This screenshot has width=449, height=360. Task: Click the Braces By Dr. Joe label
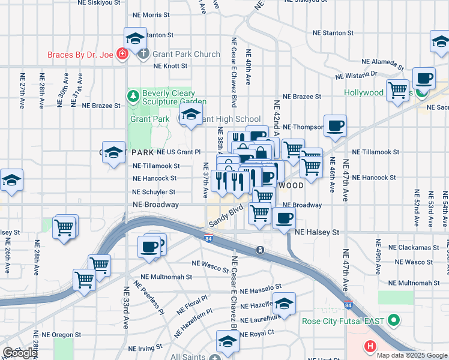tap(80, 55)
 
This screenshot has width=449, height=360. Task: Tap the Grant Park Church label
tap(186, 55)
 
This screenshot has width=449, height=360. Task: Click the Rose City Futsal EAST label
tap(343, 321)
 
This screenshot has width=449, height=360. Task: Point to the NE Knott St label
tap(169, 65)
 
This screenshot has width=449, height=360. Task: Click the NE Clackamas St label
tap(410, 247)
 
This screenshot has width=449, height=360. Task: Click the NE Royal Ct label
tap(256, 332)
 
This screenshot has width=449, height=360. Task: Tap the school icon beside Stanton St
tap(135, 38)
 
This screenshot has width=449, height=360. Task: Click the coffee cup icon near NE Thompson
tap(335, 125)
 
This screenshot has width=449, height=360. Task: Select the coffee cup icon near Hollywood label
tap(424, 78)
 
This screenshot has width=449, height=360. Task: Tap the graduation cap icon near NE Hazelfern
tap(285, 302)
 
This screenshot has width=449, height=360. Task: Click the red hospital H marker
tap(370, 346)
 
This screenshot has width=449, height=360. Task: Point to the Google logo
tap(20, 353)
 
